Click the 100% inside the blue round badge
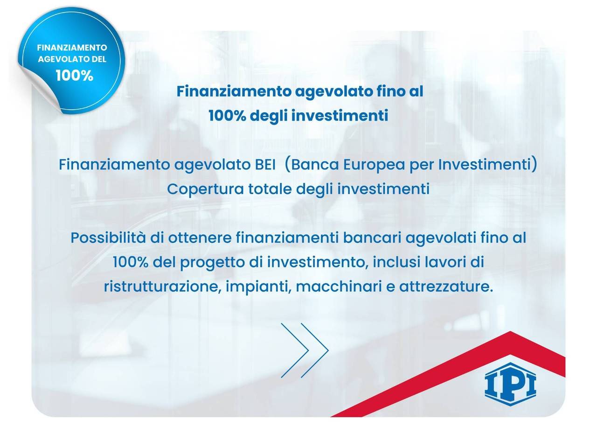click(x=74, y=76)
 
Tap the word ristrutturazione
click(x=162, y=286)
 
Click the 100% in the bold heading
click(x=227, y=116)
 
